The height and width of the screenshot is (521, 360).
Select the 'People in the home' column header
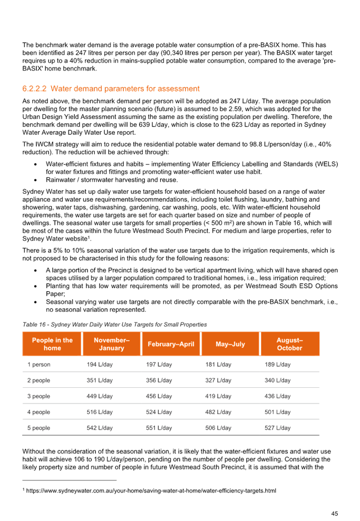(x=52, y=344)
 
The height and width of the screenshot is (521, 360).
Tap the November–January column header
(x=111, y=344)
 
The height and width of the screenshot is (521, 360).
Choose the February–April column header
(x=170, y=344)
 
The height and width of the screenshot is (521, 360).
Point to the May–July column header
(x=230, y=344)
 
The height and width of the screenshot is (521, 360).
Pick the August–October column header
(x=289, y=344)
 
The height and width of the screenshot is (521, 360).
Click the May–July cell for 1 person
(x=218, y=365)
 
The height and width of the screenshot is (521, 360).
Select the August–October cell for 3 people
(x=277, y=396)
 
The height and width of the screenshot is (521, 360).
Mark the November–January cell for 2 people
(x=100, y=380)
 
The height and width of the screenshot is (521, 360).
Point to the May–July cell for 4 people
(x=218, y=412)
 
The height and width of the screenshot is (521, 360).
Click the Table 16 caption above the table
(x=114, y=325)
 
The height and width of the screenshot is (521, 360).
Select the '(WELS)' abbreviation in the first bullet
(x=326, y=164)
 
